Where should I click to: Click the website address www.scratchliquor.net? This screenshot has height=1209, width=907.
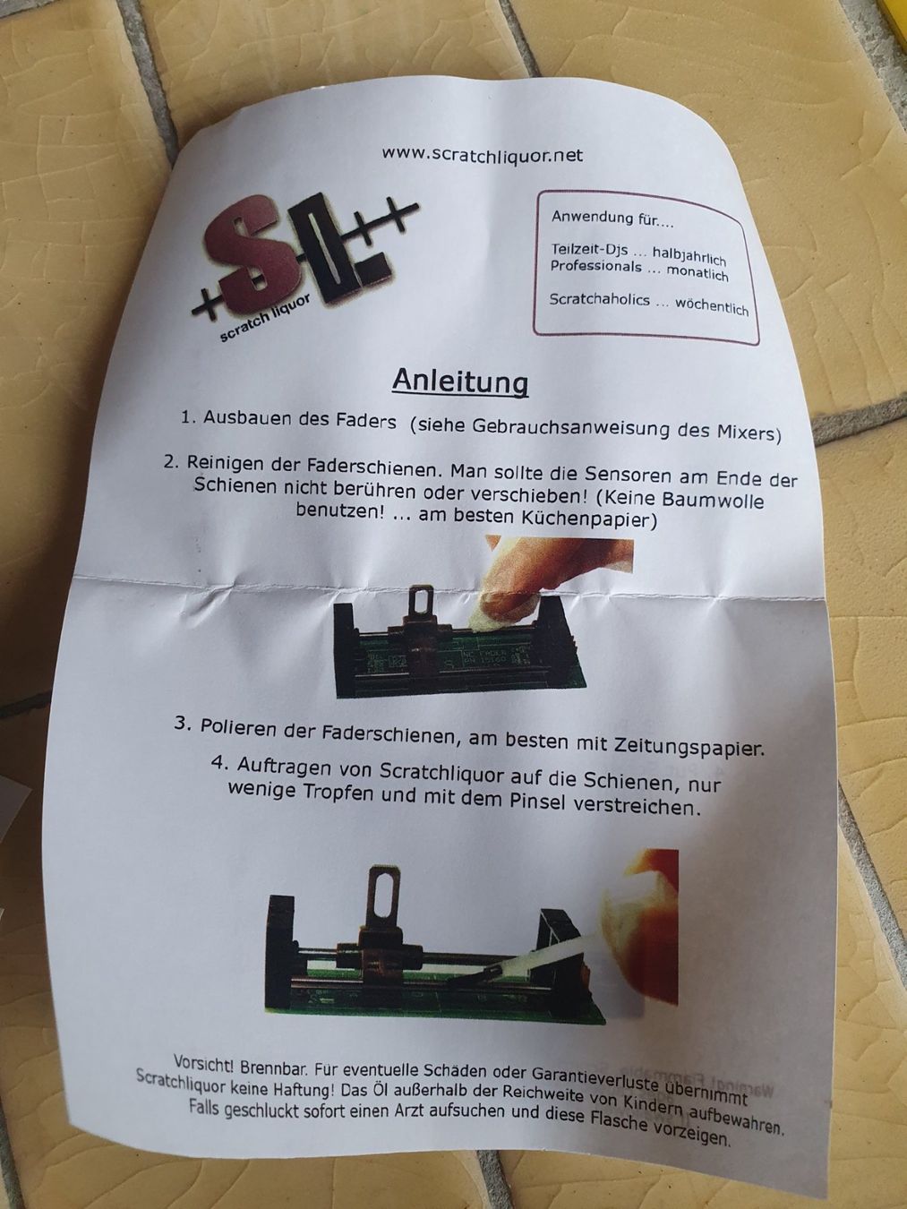[x=483, y=155]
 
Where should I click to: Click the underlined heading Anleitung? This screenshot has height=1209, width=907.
[x=460, y=382]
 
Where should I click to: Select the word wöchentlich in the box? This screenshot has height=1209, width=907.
[x=712, y=307]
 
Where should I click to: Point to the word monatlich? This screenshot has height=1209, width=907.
[x=697, y=272]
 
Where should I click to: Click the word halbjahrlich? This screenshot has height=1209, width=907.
[x=689, y=256]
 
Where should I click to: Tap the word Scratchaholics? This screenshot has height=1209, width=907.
[x=599, y=300]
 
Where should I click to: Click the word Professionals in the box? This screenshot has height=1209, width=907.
[x=595, y=267]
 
